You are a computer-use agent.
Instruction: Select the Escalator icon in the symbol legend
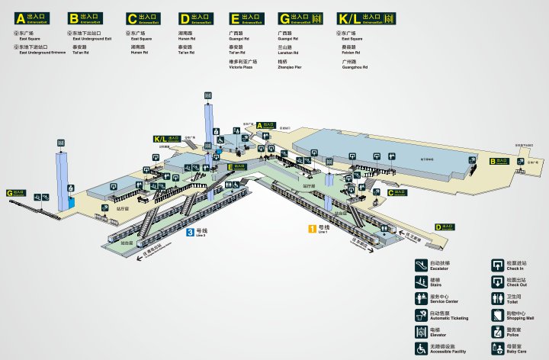tap(420, 265)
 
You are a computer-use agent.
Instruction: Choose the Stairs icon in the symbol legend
tap(420, 282)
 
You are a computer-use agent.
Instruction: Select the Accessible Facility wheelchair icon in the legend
tap(420, 349)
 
